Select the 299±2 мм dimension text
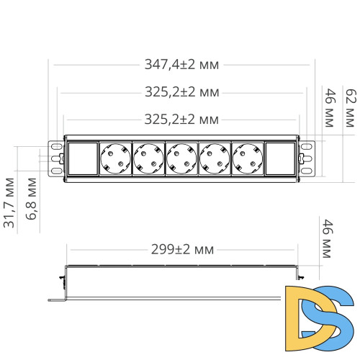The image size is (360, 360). [182, 250]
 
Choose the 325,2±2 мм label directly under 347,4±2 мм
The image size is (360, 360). [182, 92]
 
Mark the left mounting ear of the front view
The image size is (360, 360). [55, 158]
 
